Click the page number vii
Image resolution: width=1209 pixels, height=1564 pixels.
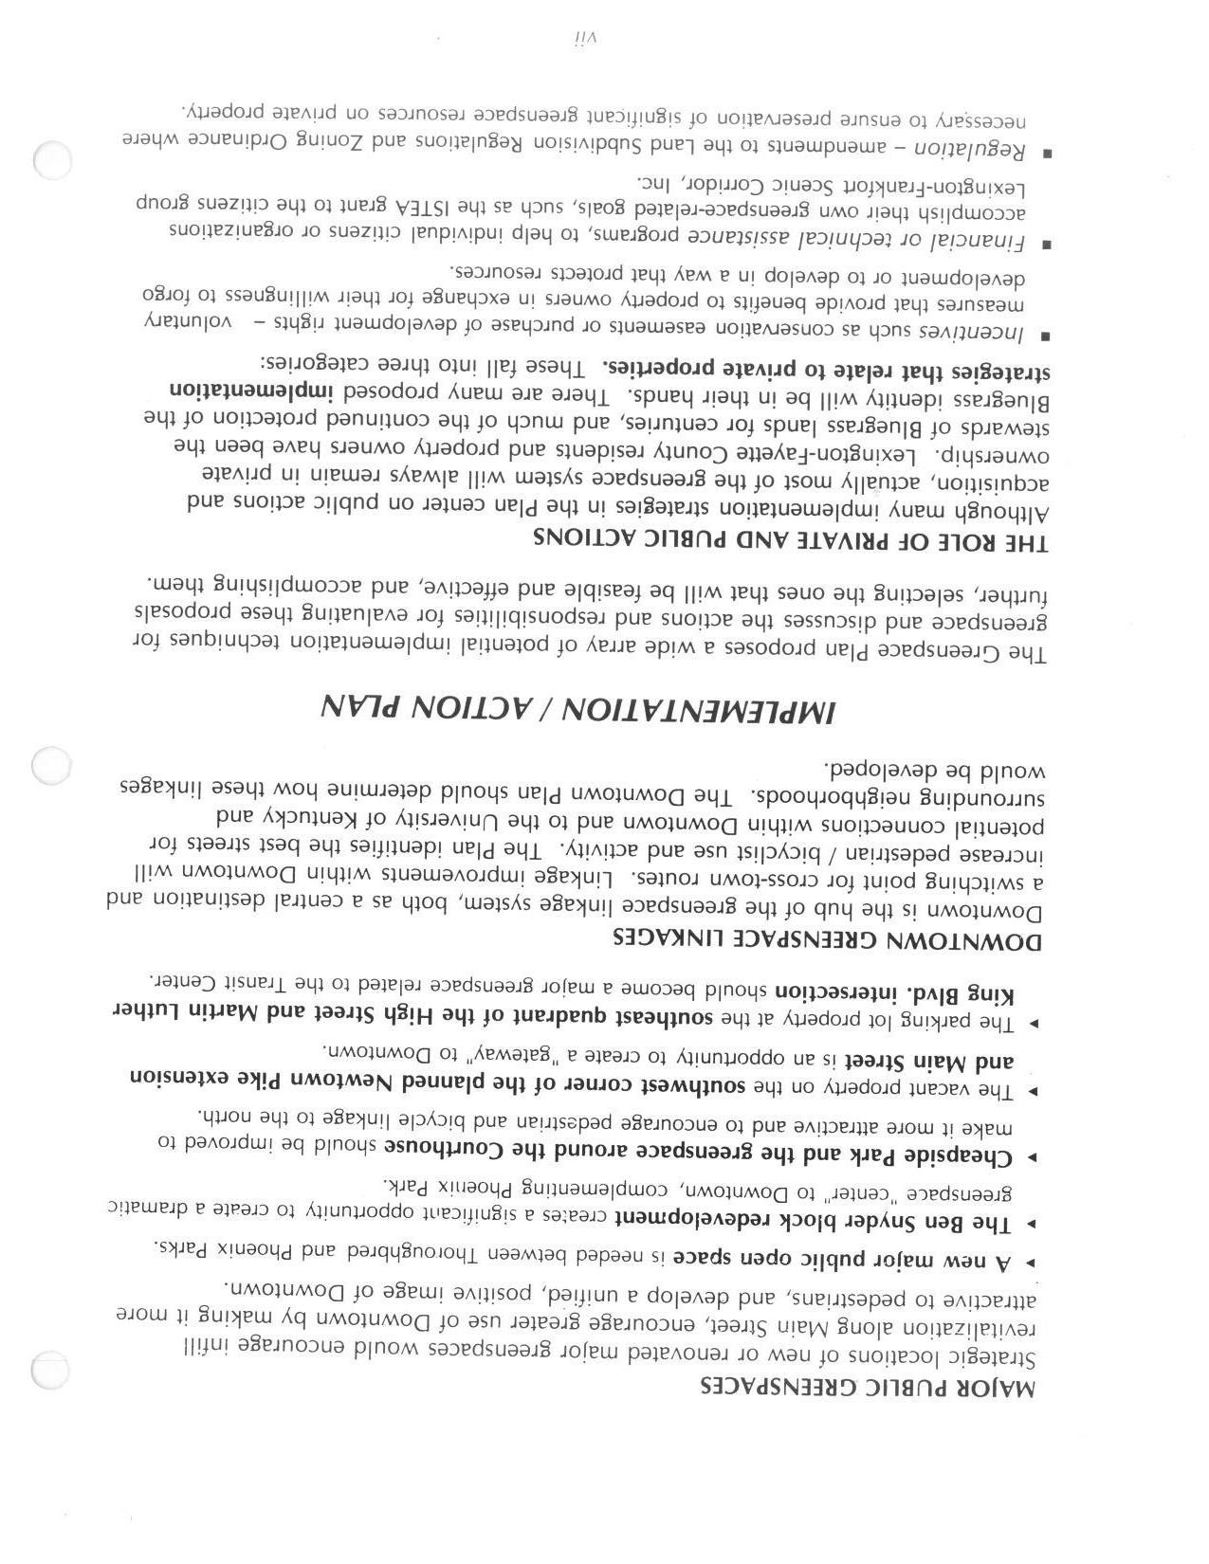click(582, 38)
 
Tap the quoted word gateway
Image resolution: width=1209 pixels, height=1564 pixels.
click(499, 1054)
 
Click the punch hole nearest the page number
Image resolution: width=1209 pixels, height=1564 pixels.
click(52, 160)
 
